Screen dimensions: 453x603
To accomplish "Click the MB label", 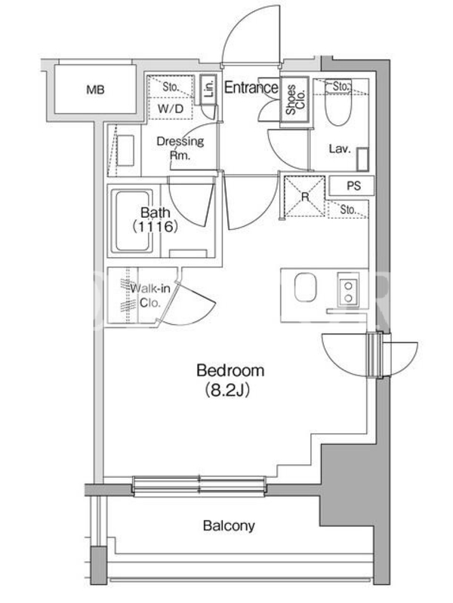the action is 95,90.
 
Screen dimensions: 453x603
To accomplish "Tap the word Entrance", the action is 251,87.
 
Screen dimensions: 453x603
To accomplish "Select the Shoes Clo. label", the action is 295,99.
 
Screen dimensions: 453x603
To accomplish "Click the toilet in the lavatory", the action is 338,104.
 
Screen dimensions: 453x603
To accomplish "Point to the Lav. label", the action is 340,148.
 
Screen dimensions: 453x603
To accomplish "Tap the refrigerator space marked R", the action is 304,197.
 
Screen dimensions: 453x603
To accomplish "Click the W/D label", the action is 171,109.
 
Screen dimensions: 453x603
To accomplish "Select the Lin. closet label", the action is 209,89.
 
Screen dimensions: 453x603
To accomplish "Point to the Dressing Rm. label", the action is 180,148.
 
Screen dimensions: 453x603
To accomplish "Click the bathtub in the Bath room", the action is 132,221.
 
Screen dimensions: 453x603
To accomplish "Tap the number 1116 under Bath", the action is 155,227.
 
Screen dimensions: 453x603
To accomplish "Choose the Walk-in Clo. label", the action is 149,295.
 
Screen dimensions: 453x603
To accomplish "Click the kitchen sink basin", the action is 306,287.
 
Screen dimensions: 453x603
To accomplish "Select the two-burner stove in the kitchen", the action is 348,290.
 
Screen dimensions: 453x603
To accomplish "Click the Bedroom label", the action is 230,370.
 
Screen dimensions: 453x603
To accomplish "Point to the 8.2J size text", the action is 228,390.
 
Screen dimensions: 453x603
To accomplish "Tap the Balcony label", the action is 229,525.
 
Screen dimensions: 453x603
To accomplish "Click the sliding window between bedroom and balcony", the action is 199,485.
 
